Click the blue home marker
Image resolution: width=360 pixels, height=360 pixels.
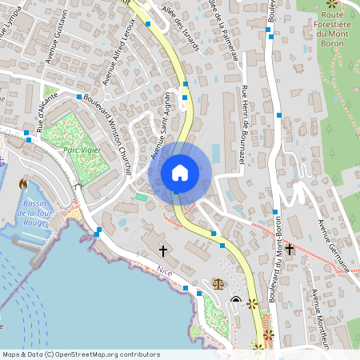click(x=179, y=173)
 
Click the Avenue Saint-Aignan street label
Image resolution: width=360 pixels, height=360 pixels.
click(x=162, y=137)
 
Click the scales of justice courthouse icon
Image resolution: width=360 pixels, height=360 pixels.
click(x=218, y=283)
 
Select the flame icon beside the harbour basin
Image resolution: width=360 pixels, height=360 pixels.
click(x=22, y=184)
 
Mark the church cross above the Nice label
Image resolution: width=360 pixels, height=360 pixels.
click(x=163, y=251)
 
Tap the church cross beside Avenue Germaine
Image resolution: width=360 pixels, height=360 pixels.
click(x=290, y=250)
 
